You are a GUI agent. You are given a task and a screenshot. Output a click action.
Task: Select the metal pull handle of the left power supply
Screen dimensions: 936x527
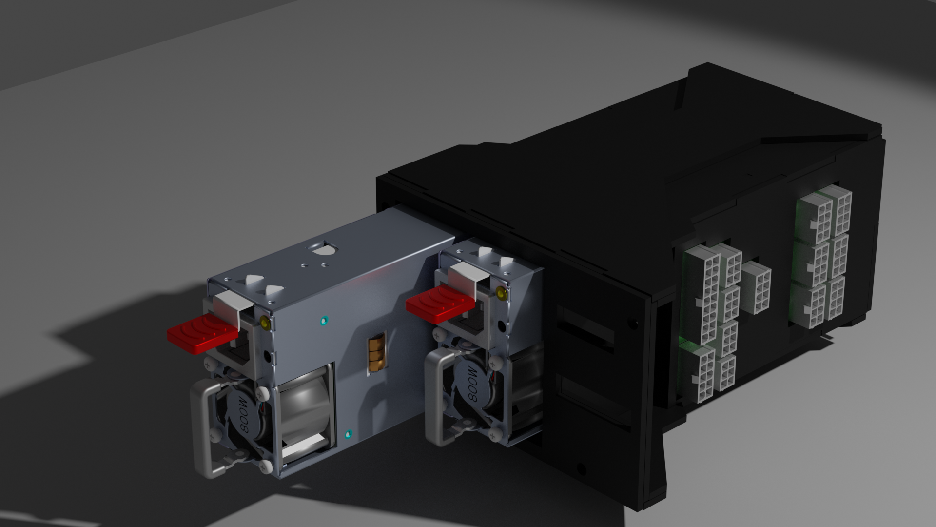(205, 429)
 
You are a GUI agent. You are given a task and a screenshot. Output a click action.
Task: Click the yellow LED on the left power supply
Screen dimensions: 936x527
(265, 322)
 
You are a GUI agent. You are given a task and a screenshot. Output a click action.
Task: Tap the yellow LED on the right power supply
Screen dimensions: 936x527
(500, 293)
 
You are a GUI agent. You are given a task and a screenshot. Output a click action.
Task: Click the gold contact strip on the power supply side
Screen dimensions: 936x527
(376, 354)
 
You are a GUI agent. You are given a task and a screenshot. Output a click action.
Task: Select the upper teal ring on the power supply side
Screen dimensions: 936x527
(322, 321)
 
